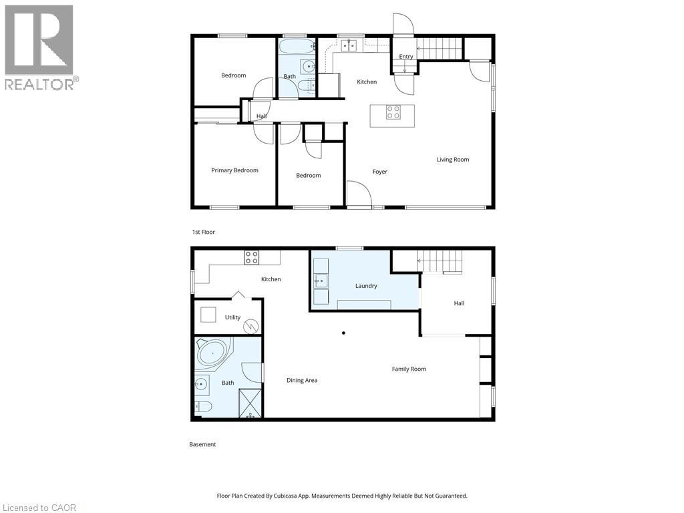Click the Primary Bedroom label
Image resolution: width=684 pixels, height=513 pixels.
(234, 170)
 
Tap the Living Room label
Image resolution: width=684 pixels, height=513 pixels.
(453, 160)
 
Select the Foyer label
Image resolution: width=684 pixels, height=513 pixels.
(379, 172)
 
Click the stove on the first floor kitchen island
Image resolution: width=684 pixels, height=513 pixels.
(393, 112)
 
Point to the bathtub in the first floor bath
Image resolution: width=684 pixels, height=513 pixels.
(297, 45)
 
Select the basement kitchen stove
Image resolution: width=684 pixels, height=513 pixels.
(251, 257)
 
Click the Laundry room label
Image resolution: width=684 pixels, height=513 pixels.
(366, 286)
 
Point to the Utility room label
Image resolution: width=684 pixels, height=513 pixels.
(232, 317)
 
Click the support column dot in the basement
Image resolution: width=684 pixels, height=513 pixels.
(344, 333)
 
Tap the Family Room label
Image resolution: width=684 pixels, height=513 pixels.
(409, 369)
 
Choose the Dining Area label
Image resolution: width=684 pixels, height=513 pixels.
(302, 380)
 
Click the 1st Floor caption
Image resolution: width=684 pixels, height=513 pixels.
(203, 232)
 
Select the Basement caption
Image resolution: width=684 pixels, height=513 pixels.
(202, 444)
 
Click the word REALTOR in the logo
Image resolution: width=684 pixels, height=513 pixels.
(39, 84)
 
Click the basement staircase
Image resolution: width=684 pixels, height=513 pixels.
(440, 261)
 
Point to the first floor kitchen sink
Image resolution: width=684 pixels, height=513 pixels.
(349, 45)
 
